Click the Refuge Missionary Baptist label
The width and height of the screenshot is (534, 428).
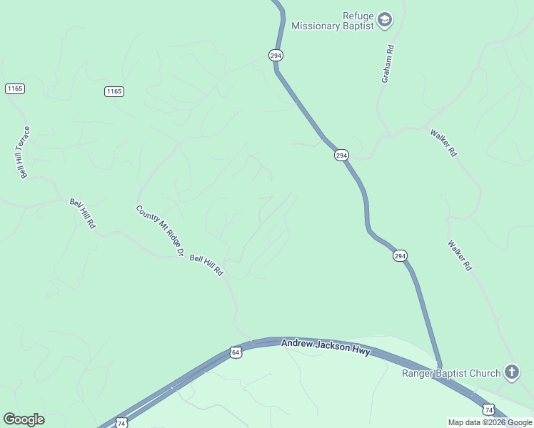[x=333, y=21]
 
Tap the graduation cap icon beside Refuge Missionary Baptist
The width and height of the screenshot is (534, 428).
[x=385, y=20]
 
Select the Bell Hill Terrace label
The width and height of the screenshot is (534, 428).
[x=25, y=153]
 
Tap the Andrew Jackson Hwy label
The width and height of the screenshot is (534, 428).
[x=326, y=347]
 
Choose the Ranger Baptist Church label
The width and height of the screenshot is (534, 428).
[x=451, y=373]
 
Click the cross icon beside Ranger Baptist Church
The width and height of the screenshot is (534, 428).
[x=511, y=372]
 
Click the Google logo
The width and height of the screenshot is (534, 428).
[x=24, y=419]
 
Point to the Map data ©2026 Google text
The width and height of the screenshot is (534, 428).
[x=490, y=422]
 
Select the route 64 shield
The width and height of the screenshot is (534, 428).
[x=236, y=352]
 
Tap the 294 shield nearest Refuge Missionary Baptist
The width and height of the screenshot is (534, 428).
[x=276, y=55]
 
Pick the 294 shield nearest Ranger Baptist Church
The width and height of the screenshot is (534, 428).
[x=400, y=255]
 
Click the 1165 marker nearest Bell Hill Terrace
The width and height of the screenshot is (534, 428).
[x=14, y=88]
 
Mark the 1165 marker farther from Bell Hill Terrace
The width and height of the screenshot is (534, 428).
[x=114, y=91]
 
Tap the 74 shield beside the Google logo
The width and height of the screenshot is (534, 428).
[x=121, y=423]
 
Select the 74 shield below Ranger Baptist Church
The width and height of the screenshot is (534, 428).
[x=488, y=409]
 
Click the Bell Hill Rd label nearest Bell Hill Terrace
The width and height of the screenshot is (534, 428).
[x=82, y=213]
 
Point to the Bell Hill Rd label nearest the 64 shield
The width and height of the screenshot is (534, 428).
[x=207, y=265]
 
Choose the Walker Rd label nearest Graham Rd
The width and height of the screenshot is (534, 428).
[x=443, y=143]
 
